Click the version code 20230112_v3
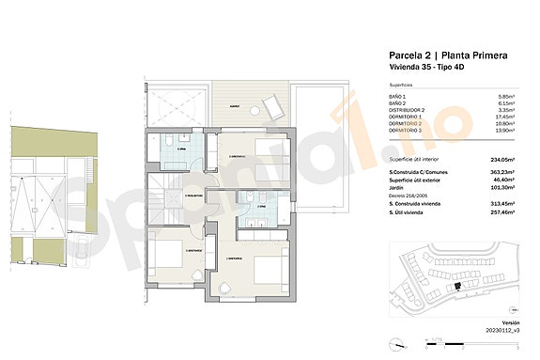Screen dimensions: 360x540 (x=502, y=330)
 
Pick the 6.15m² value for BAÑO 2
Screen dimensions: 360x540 (x=506, y=103)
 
